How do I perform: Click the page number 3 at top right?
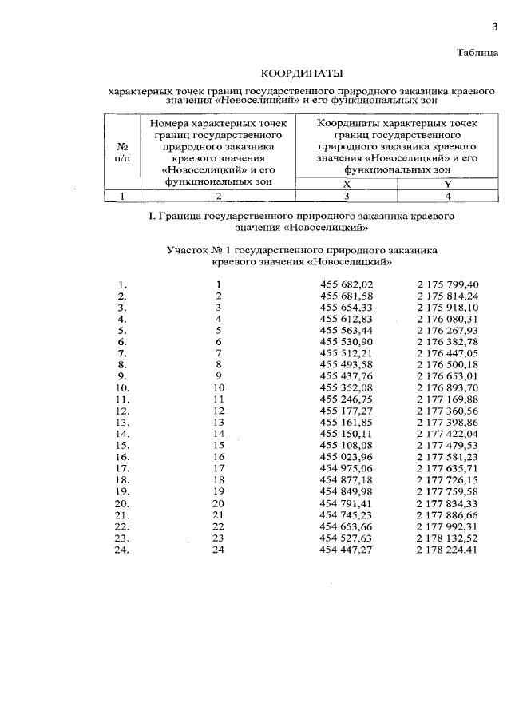(x=494, y=27)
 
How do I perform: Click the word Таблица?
(x=477, y=54)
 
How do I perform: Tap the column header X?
(x=347, y=183)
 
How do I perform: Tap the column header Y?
(x=448, y=183)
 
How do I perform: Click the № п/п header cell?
(x=123, y=152)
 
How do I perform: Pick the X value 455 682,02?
(x=347, y=284)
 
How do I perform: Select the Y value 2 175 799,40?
(x=447, y=284)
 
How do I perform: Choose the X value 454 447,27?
(x=347, y=550)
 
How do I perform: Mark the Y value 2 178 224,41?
(x=447, y=550)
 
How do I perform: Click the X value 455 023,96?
(x=347, y=455)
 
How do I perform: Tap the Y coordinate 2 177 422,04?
(x=447, y=432)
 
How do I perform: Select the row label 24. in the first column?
(x=123, y=550)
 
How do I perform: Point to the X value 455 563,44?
(x=347, y=329)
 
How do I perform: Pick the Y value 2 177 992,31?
(x=447, y=526)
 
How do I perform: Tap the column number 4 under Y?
(x=448, y=195)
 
